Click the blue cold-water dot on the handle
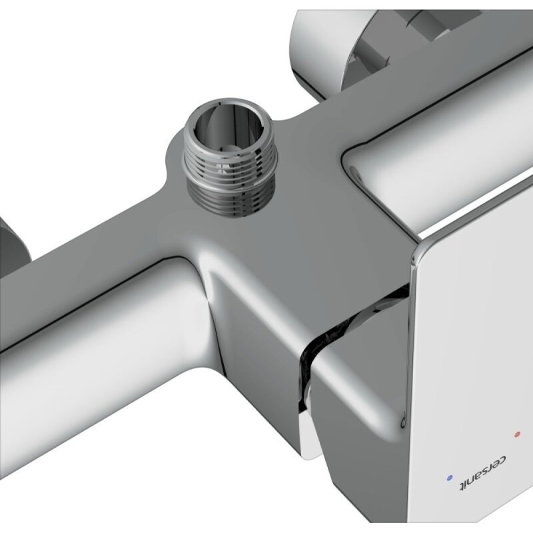450,478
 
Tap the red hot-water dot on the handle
518,434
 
